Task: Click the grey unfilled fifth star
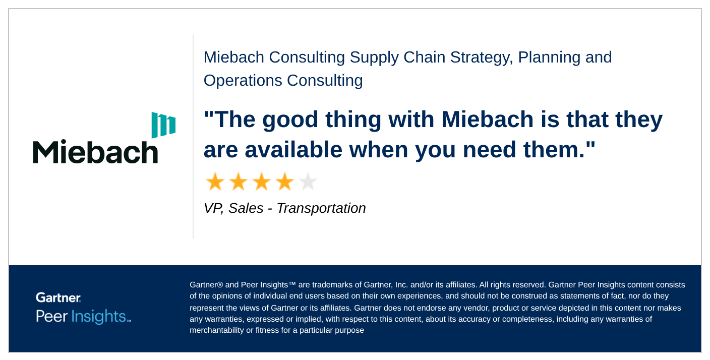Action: pyautogui.click(x=308, y=182)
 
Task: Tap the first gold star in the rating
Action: pyautogui.click(x=215, y=182)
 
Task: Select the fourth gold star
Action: pyautogui.click(x=284, y=182)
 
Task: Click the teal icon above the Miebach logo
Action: pyautogui.click(x=163, y=125)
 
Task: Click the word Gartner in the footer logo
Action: pyautogui.click(x=58, y=297)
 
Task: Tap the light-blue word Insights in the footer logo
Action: pyautogui.click(x=99, y=316)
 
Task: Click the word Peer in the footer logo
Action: pyautogui.click(x=51, y=316)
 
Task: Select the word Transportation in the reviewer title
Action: pyautogui.click(x=321, y=208)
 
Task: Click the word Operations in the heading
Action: pyautogui.click(x=243, y=81)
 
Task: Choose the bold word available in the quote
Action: pyautogui.click(x=293, y=149)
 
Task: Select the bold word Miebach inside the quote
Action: pyautogui.click(x=487, y=119)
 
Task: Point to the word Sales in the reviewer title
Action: pyautogui.click(x=246, y=208)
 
